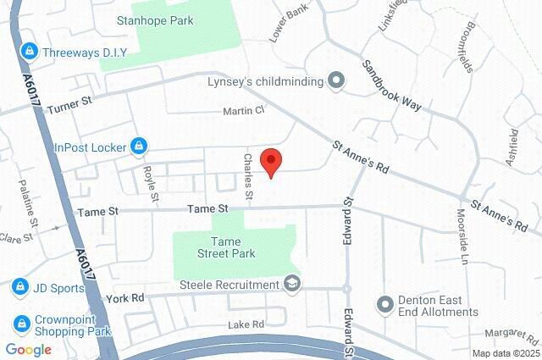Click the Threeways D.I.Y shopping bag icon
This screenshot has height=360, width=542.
point(30,52)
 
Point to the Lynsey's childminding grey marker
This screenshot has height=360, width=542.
point(336,81)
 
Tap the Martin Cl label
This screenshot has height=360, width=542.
point(244,111)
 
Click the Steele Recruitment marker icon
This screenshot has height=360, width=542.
point(292,282)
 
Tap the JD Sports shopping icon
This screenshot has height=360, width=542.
point(19,287)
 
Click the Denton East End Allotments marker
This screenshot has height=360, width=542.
point(385,303)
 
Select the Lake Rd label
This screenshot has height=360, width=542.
point(246,324)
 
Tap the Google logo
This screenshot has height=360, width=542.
point(28,350)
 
